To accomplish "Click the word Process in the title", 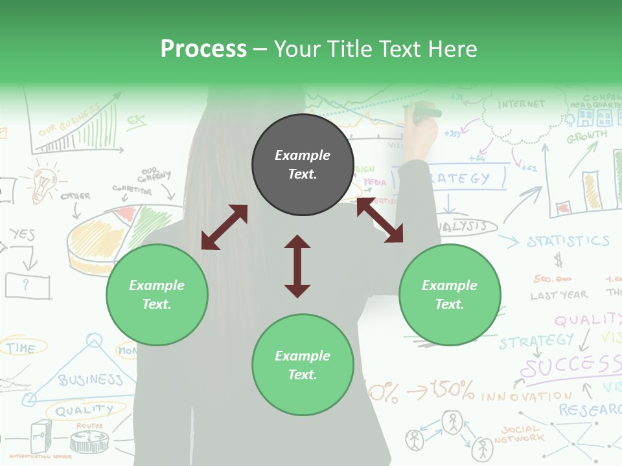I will coord(203,49).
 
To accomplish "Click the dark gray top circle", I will coord(303,164).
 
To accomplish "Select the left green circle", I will coord(157,294).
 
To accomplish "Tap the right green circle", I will coord(450,294).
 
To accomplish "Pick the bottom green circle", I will coord(303,365).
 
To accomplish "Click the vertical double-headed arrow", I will coord(297,266).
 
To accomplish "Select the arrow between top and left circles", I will coord(224,227).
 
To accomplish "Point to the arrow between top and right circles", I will coord(380,221).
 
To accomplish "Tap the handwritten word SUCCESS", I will coord(570,366).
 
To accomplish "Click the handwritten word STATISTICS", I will coord(568,241).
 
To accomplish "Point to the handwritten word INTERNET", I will coord(522,104).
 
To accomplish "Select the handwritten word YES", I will coord(22,234).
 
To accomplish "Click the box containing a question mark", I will coord(27,285).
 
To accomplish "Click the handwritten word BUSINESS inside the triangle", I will coord(90,379).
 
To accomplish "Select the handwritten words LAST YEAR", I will coord(559,295).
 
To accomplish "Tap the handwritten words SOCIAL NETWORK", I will coord(519,434).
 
